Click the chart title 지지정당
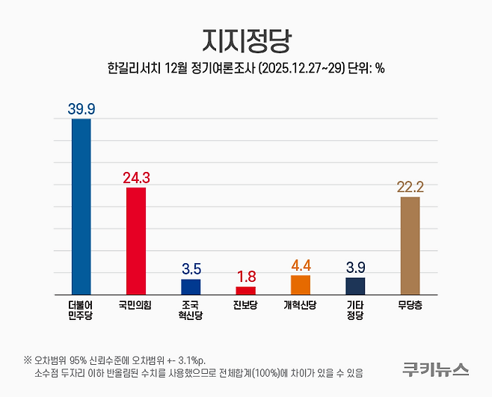pyautogui.click(x=245, y=39)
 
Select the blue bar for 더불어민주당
pyautogui.click(x=81, y=206)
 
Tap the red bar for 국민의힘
pyautogui.click(x=136, y=240)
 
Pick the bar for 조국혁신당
pyautogui.click(x=191, y=286)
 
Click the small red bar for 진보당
pyautogui.click(x=245, y=290)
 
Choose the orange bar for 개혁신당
pyautogui.click(x=301, y=285)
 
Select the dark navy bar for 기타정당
pyautogui.click(x=355, y=286)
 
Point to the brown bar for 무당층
pyautogui.click(x=410, y=245)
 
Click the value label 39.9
pyautogui.click(x=81, y=108)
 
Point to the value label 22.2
pyautogui.click(x=410, y=186)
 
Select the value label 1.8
pyautogui.click(x=245, y=276)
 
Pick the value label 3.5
pyautogui.click(x=191, y=268)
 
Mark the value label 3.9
pyautogui.click(x=355, y=267)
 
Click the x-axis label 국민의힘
pyautogui.click(x=135, y=305)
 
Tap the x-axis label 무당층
pyautogui.click(x=410, y=305)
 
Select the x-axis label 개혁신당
pyautogui.click(x=301, y=305)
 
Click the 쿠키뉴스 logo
pyautogui.click(x=435, y=369)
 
